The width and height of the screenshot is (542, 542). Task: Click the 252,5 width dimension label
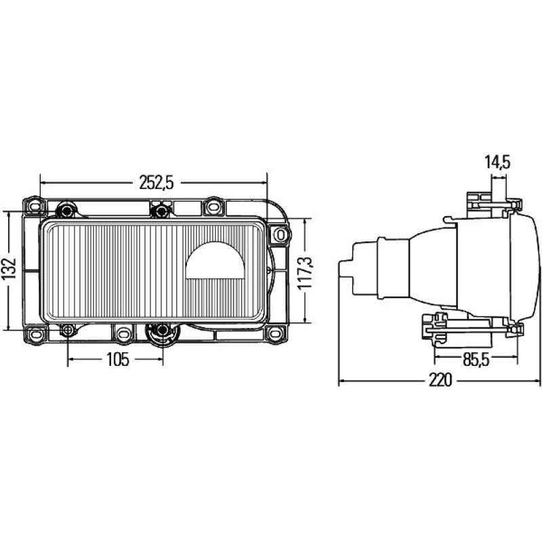click(x=156, y=182)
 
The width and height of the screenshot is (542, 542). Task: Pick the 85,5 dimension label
click(x=476, y=360)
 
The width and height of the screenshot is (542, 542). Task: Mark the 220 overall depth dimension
click(x=440, y=381)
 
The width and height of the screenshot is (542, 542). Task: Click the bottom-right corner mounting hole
click(x=274, y=333)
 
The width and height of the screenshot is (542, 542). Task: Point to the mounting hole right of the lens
click(x=280, y=234)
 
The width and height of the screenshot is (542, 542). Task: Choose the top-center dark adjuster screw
click(x=161, y=210)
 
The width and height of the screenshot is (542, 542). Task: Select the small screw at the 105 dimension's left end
click(x=68, y=331)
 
